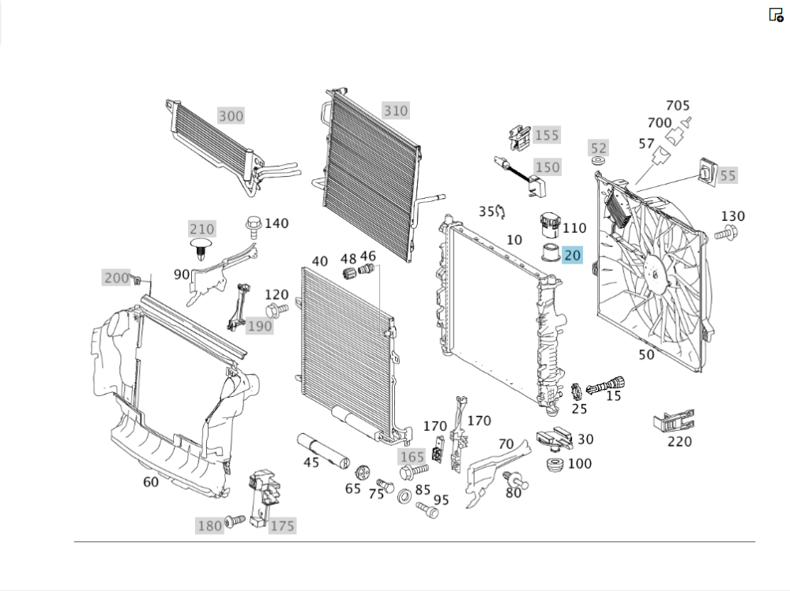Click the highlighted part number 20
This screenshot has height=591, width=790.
(x=573, y=255)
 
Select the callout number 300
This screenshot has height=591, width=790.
(x=231, y=116)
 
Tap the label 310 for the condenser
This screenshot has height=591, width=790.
(x=396, y=110)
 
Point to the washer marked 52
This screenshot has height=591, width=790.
(x=599, y=162)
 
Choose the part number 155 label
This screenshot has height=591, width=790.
(x=546, y=135)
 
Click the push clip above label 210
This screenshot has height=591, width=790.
(x=201, y=249)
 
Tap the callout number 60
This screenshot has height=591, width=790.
(x=151, y=481)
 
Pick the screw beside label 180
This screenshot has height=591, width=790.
(x=235, y=522)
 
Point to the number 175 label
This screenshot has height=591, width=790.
(x=282, y=526)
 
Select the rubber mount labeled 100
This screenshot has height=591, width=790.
(x=555, y=465)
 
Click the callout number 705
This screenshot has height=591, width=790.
(x=678, y=105)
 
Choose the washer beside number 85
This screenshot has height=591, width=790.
(x=403, y=497)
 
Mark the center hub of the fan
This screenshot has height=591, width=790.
(x=653, y=272)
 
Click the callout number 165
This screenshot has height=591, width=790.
(x=411, y=456)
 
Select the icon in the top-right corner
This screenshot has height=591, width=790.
(x=776, y=14)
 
